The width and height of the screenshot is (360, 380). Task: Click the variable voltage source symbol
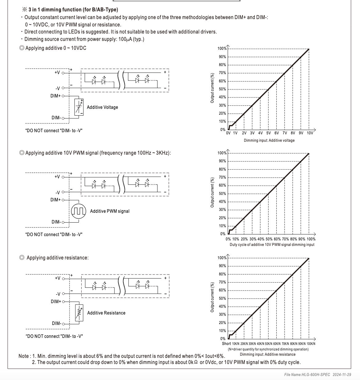(x=79, y=107)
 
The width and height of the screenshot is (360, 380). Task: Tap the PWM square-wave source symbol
(x=78, y=211)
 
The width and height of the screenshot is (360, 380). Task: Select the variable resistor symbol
(x=79, y=313)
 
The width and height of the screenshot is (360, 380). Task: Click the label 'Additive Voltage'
(x=102, y=107)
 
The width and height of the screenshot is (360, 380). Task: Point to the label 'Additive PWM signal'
(x=110, y=211)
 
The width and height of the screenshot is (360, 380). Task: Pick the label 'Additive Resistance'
(x=106, y=313)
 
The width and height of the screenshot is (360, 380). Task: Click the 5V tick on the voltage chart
(x=268, y=133)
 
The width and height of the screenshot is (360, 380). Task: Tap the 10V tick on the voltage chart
(x=310, y=133)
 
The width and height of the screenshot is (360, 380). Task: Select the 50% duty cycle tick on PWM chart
(x=269, y=239)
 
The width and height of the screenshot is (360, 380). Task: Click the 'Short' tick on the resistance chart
(x=226, y=343)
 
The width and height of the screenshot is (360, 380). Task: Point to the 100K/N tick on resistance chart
(x=311, y=344)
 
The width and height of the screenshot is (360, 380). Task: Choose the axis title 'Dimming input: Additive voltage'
(x=269, y=141)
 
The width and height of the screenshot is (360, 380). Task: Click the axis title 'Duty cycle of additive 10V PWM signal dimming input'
(x=272, y=245)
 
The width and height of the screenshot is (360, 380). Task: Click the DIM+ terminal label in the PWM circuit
(x=56, y=200)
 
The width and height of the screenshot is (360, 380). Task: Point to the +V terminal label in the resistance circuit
(x=58, y=278)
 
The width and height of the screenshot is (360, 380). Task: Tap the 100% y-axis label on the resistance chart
(x=222, y=258)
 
